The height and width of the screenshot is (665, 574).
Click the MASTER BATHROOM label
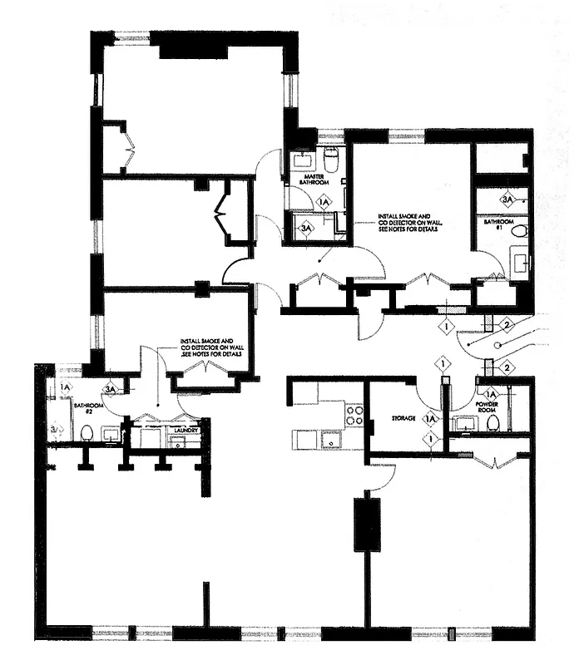point(314,179)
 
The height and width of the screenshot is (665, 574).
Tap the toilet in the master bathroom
point(330,159)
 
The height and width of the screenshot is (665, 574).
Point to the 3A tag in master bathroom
point(306,227)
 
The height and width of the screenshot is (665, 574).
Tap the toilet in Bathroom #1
point(519,232)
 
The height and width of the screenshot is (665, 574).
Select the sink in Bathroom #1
point(521,264)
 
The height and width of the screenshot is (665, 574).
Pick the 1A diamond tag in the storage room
point(430,420)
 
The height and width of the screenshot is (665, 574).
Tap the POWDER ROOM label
point(488,408)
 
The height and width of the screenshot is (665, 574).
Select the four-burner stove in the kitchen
point(354,415)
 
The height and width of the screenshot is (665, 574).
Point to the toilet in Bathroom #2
point(86,432)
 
